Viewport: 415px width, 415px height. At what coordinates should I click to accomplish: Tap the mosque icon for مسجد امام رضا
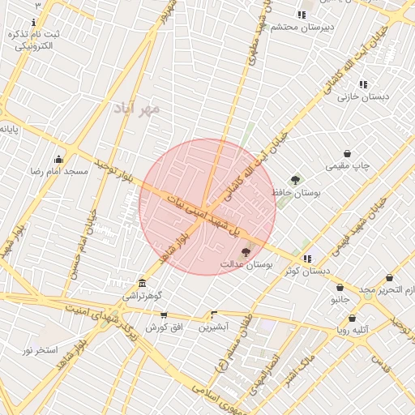[x=58, y=159]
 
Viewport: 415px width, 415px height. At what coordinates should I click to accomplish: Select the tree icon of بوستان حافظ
[x=295, y=180]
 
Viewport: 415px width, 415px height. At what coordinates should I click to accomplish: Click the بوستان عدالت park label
[x=246, y=266]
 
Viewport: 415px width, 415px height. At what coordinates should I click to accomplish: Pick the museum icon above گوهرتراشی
[x=143, y=283]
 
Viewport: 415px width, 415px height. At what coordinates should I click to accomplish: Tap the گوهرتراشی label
[x=143, y=296]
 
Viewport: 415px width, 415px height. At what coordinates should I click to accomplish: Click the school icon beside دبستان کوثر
[x=307, y=259]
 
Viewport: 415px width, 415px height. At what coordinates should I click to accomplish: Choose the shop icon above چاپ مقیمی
[x=348, y=153]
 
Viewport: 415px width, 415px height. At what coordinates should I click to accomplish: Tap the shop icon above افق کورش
[x=165, y=314]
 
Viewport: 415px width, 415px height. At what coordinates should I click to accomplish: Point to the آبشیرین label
[x=215, y=327]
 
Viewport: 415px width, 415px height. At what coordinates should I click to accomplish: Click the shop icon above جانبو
[x=339, y=287]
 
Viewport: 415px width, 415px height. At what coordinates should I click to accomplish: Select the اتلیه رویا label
[x=354, y=330]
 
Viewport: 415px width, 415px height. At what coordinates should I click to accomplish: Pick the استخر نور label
[x=39, y=350]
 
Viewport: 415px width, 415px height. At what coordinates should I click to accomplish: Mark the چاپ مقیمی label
[x=348, y=166]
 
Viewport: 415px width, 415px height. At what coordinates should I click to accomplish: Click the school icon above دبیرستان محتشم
[x=302, y=15]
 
